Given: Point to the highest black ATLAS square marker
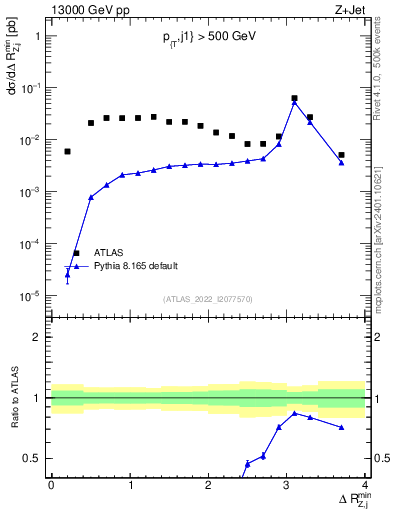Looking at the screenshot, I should click(x=294, y=99).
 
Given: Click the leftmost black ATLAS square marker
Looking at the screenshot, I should click(x=67, y=152).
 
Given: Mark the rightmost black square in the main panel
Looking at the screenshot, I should click(x=341, y=155).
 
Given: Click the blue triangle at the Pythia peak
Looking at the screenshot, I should click(x=294, y=103).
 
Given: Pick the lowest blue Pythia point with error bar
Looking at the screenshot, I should click(x=67, y=273).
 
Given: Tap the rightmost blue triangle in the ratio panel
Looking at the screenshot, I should click(x=341, y=428).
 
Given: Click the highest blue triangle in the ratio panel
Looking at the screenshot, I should click(x=294, y=413).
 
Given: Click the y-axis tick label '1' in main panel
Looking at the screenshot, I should click(x=37, y=36).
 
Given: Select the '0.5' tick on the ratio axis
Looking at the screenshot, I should click(x=33, y=459).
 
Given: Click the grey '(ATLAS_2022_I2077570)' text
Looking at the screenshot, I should click(x=208, y=298).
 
